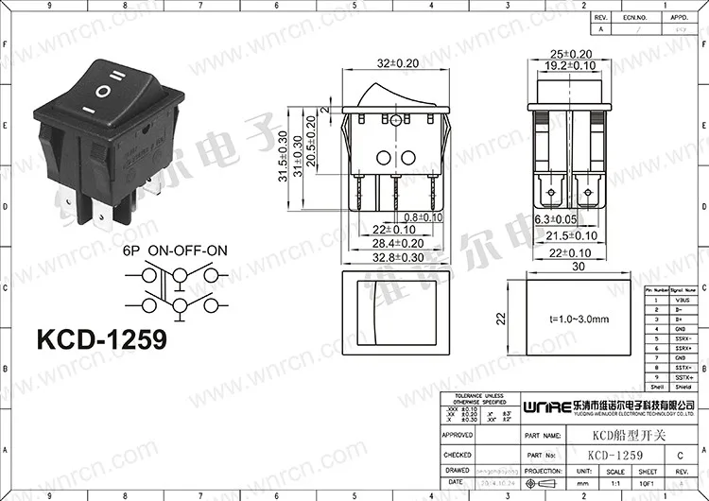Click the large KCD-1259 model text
(100, 337)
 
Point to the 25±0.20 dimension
(571, 54)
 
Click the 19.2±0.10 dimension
(571, 66)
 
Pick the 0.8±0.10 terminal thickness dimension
(417, 216)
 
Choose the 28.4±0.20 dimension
(392, 244)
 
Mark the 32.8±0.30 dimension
(392, 257)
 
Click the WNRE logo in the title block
(543, 404)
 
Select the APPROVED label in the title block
(458, 435)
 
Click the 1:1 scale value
(615, 481)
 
